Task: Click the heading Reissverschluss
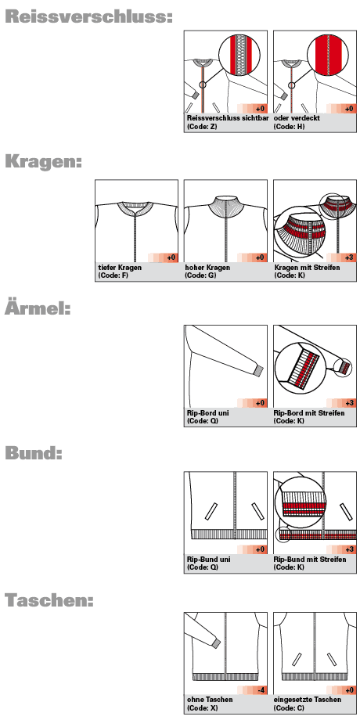89,17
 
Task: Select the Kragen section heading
43,163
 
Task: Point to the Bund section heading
33,453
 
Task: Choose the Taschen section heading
49,599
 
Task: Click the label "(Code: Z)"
202,126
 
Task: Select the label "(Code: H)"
289,126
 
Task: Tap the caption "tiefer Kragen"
120,267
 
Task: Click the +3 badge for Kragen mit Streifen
349,257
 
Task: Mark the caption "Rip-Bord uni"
207,412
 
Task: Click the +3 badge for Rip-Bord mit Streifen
349,403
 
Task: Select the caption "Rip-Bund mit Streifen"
310,560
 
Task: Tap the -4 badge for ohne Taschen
260,689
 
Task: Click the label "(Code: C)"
289,707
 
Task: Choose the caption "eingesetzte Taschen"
308,700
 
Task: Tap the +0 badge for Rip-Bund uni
260,549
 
